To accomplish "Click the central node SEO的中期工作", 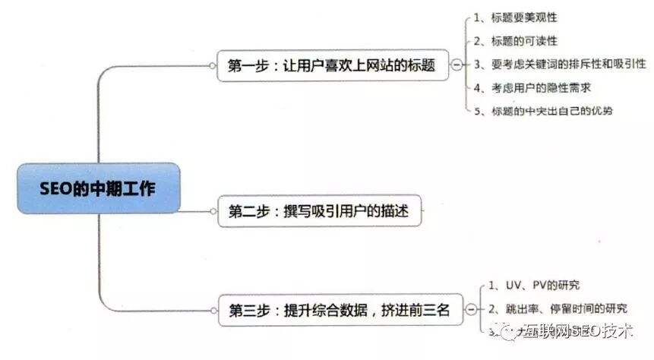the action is pyautogui.click(x=99, y=188).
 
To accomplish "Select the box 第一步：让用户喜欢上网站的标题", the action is pyautogui.click(x=331, y=65).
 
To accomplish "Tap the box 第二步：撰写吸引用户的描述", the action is pyautogui.click(x=319, y=211).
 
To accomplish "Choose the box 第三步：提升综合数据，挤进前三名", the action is pyautogui.click(x=339, y=309).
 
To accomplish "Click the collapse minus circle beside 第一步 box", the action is pyautogui.click(x=456, y=65).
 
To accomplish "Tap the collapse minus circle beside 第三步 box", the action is pyautogui.click(x=472, y=309).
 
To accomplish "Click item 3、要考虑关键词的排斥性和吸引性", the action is pyautogui.click(x=559, y=64).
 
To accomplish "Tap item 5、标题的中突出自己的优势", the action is pyautogui.click(x=542, y=111).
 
